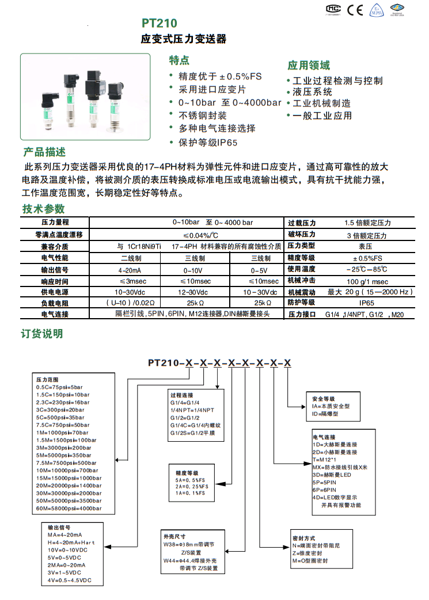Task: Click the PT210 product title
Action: pyautogui.click(x=160, y=23)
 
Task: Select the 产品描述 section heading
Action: pyautogui.click(x=44, y=152)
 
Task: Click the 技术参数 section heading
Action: pyautogui.click(x=44, y=209)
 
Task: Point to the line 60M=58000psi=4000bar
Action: pyautogui.click(x=69, y=509)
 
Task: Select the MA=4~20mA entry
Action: pyautogui.click(x=64, y=535)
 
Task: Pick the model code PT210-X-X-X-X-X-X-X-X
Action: pyautogui.click(x=219, y=362)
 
